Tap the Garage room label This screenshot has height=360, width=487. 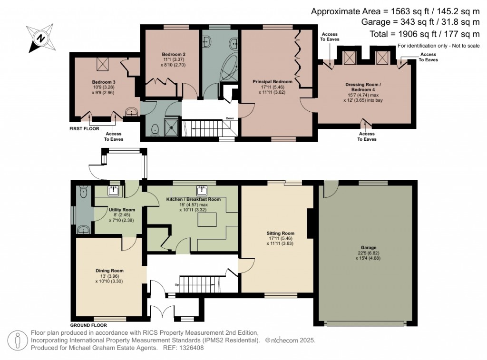click(x=368, y=248)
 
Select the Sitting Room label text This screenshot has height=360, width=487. click(x=280, y=234)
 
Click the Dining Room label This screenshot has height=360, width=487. click(x=107, y=271)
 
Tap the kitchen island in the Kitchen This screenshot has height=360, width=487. click(x=208, y=219)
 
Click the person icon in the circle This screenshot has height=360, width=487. click(x=18, y=341)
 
